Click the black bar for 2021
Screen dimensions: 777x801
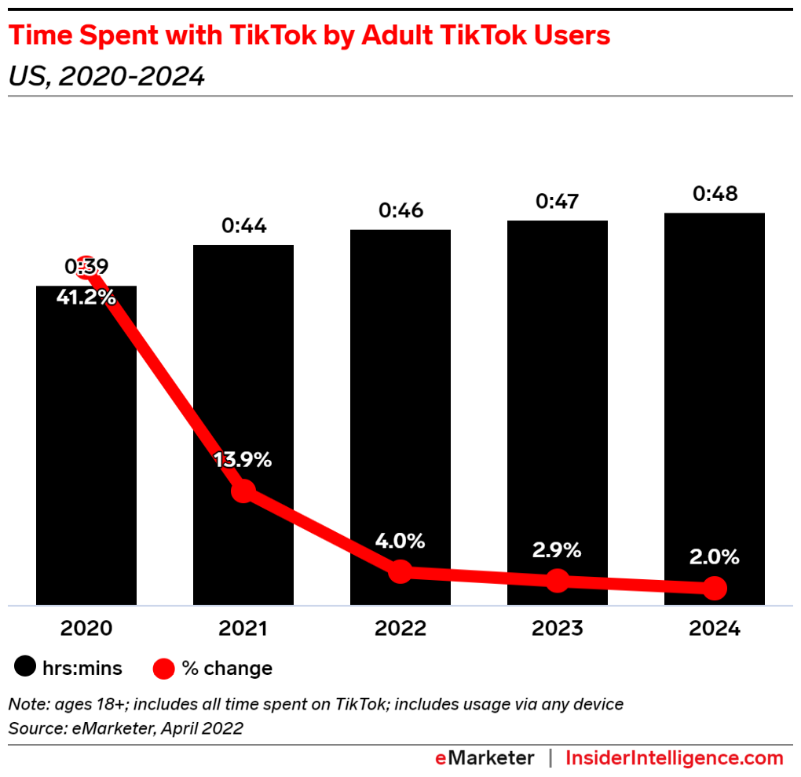tap(243, 377)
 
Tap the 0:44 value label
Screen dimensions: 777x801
tap(244, 227)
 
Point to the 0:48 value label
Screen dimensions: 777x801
tap(715, 194)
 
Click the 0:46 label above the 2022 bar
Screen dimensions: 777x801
tap(400, 211)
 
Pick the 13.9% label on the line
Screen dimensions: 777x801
tap(243, 461)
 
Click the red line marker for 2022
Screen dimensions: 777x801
tap(400, 571)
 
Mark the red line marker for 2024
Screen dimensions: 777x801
tap(715, 588)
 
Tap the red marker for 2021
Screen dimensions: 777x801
tap(243, 491)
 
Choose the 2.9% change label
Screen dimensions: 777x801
tap(557, 550)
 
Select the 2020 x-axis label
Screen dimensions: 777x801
tap(86, 629)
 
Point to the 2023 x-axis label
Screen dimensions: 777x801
tap(557, 629)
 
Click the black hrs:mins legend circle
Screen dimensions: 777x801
tap(25, 669)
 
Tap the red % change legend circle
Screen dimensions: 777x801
tap(163, 669)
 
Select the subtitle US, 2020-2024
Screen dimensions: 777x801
tap(106, 76)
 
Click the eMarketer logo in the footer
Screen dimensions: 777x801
tap(485, 758)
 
